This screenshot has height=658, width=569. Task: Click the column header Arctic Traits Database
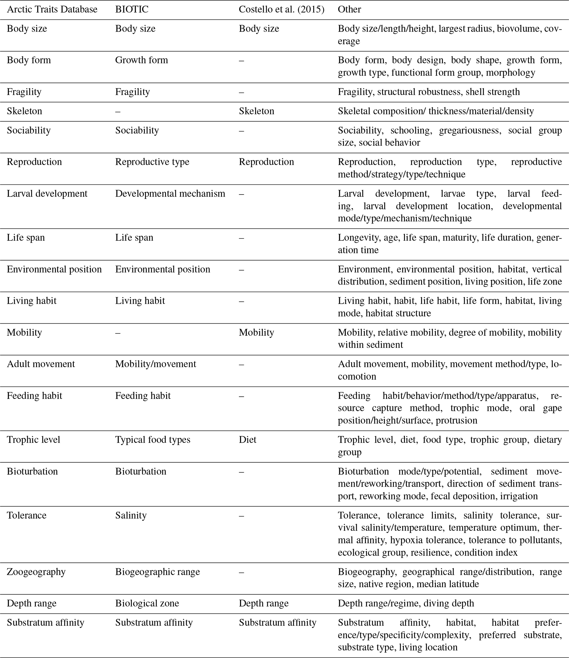(52, 10)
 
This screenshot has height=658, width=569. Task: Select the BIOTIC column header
(132, 10)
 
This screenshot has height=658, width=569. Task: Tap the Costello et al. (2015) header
(281, 10)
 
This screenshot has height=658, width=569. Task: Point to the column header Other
(349, 10)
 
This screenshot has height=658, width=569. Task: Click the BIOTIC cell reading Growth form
(141, 60)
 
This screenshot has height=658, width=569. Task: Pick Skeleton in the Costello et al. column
(256, 111)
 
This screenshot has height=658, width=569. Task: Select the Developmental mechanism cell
(170, 194)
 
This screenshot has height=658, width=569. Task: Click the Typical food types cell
(153, 440)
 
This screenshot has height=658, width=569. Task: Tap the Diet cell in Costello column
(247, 440)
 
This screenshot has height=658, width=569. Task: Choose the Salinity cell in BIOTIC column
(131, 515)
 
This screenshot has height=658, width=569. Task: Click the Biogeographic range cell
(157, 572)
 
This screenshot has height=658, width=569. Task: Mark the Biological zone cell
(147, 603)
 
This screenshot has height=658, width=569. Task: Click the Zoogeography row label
(36, 572)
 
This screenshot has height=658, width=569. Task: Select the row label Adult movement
(41, 364)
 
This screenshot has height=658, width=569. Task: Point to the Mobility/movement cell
(156, 364)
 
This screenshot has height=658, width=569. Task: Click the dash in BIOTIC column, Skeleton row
(118, 111)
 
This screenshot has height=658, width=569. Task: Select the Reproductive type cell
(152, 162)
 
